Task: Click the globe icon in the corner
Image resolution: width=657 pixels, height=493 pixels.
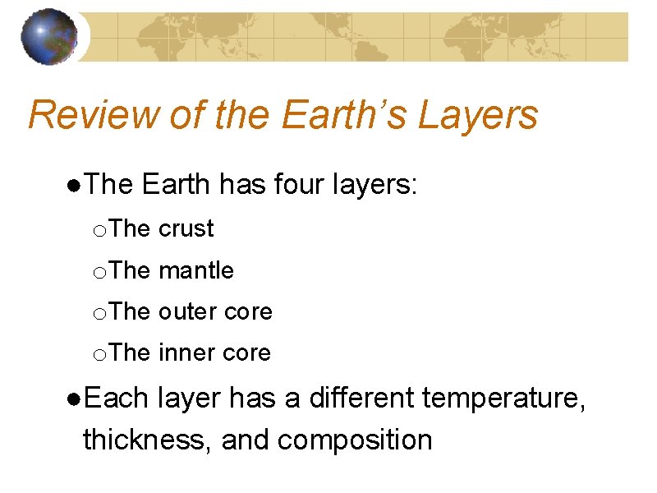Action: pyautogui.click(x=48, y=36)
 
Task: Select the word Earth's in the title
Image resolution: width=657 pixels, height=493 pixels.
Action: pyautogui.click(x=343, y=115)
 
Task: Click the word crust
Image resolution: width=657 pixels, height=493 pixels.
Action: pyautogui.click(x=186, y=228)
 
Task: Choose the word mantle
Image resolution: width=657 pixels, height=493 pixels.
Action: pyautogui.click(x=195, y=270)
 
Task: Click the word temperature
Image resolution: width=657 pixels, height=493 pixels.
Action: pyautogui.click(x=503, y=399)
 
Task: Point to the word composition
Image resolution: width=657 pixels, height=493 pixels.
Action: pyautogui.click(x=355, y=440)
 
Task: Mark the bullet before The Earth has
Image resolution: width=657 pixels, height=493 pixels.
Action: pyautogui.click(x=74, y=186)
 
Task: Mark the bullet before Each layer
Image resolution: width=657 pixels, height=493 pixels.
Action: pyautogui.click(x=74, y=399)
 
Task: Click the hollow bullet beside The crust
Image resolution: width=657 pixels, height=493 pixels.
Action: pyautogui.click(x=99, y=230)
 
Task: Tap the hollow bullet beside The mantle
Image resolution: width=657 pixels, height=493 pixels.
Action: pyautogui.click(x=99, y=272)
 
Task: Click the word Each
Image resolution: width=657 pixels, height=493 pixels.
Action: pyautogui.click(x=114, y=399)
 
